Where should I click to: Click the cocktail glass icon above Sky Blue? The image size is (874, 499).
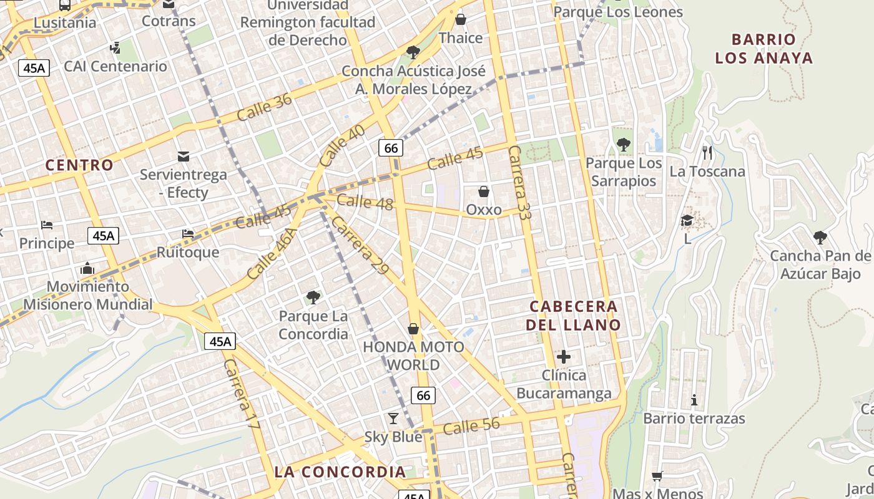[x=393, y=417]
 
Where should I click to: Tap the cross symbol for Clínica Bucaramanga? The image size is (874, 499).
[x=564, y=357]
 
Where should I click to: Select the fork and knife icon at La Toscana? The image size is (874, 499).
[x=707, y=152]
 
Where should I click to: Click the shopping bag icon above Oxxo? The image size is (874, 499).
[x=484, y=191]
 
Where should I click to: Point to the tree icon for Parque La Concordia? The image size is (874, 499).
[x=313, y=297]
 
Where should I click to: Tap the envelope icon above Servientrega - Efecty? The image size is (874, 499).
[x=184, y=156]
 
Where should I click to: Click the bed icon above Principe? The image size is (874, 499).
[x=47, y=225]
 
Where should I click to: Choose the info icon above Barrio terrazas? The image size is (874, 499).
[x=694, y=399]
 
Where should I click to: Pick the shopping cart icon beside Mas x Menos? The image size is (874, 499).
[x=657, y=476]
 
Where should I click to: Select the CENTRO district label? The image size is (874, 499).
[x=80, y=165]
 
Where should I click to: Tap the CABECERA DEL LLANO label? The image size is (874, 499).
[x=573, y=316]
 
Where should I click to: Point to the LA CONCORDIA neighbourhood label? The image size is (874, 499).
[x=340, y=472]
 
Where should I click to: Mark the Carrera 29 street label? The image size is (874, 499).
[x=360, y=246]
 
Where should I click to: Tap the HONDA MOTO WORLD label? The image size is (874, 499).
[x=414, y=356]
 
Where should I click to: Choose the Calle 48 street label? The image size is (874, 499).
[x=365, y=202]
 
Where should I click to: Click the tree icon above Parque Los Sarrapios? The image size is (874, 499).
[x=623, y=145]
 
